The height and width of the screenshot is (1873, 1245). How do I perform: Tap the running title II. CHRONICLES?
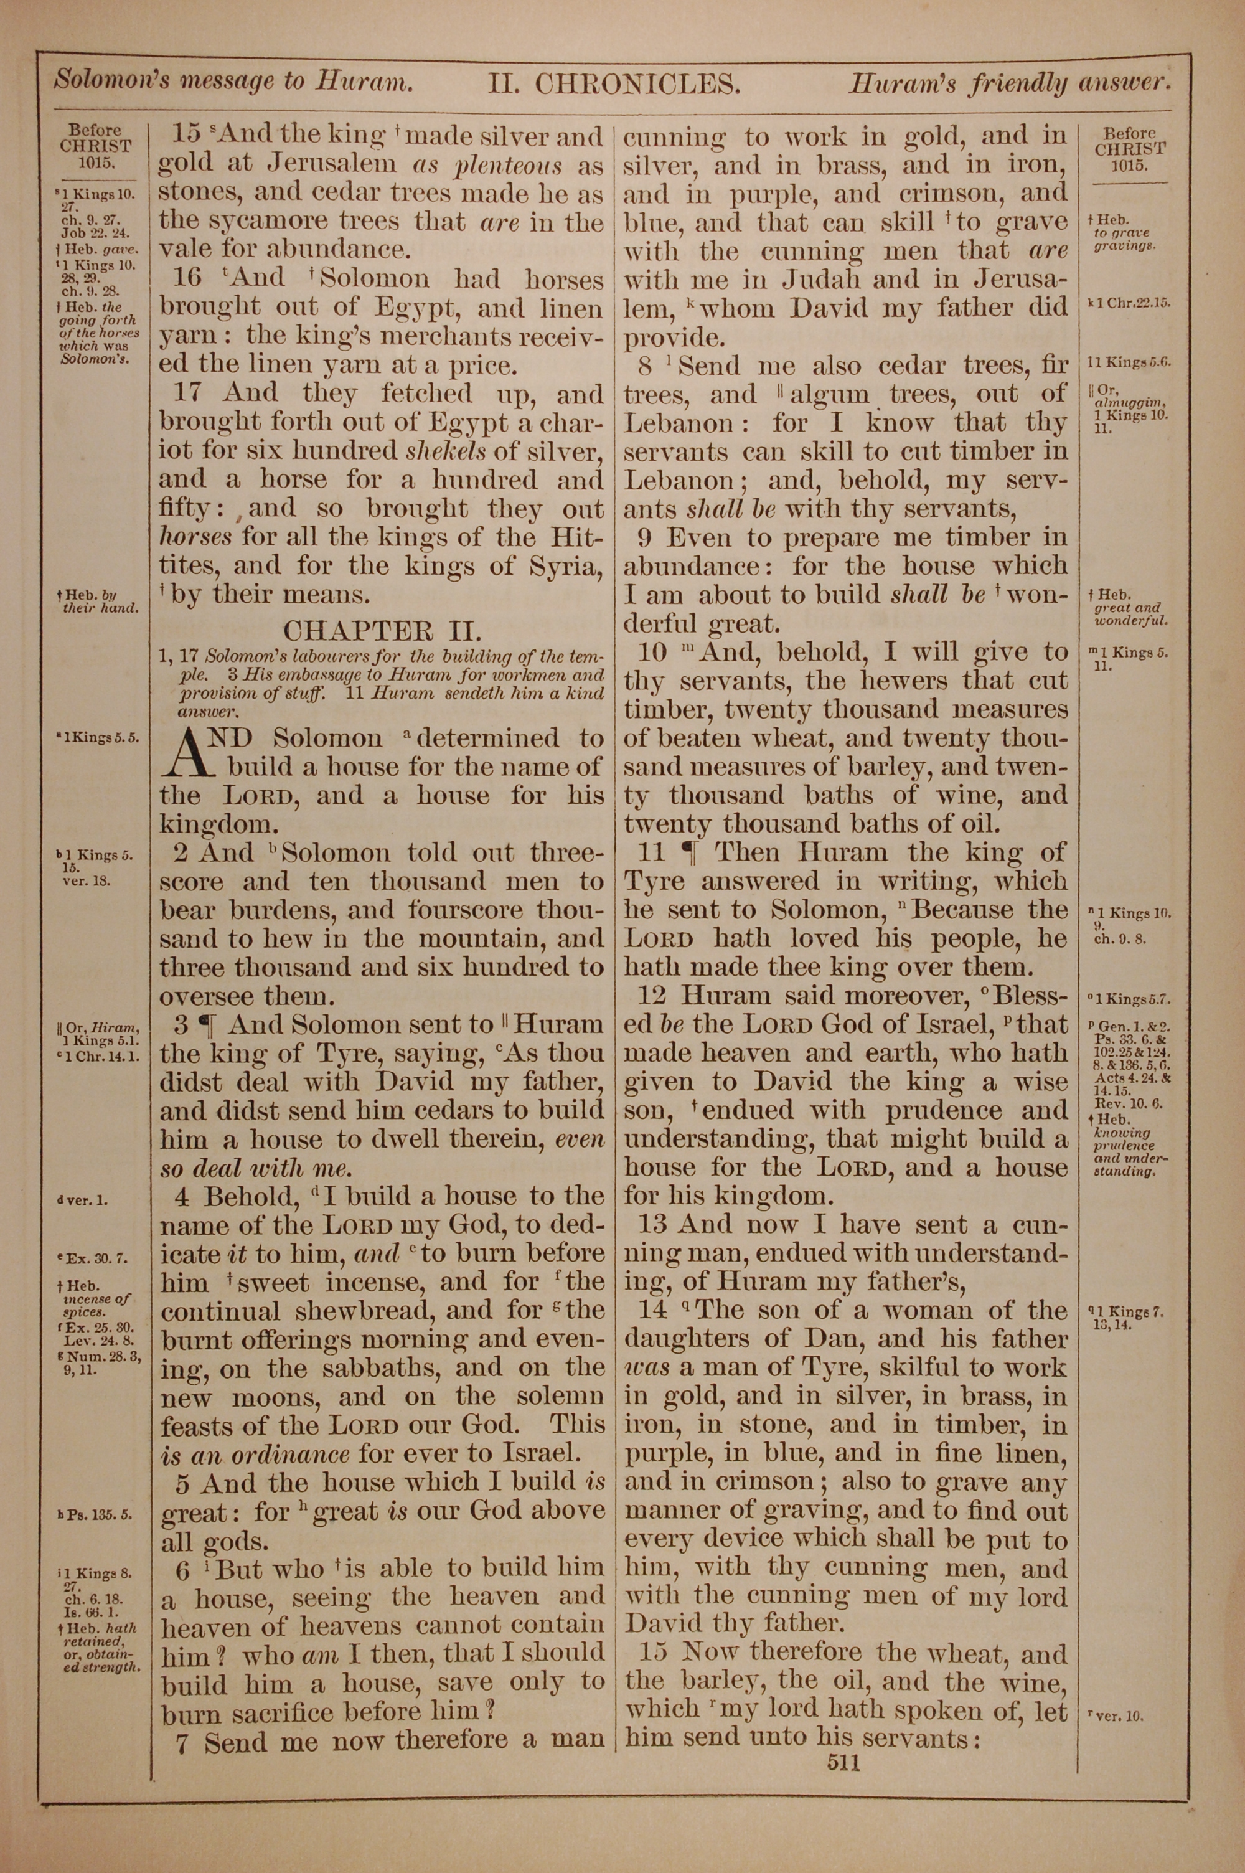click(x=614, y=83)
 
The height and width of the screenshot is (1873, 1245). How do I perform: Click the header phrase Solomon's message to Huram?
click(x=233, y=81)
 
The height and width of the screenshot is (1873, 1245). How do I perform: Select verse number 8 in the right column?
click(x=646, y=366)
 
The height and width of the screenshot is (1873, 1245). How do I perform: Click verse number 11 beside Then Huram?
click(x=651, y=852)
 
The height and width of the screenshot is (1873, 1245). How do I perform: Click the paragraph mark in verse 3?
click(x=205, y=1025)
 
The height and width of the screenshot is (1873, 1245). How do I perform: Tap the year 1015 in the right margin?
click(x=1130, y=166)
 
